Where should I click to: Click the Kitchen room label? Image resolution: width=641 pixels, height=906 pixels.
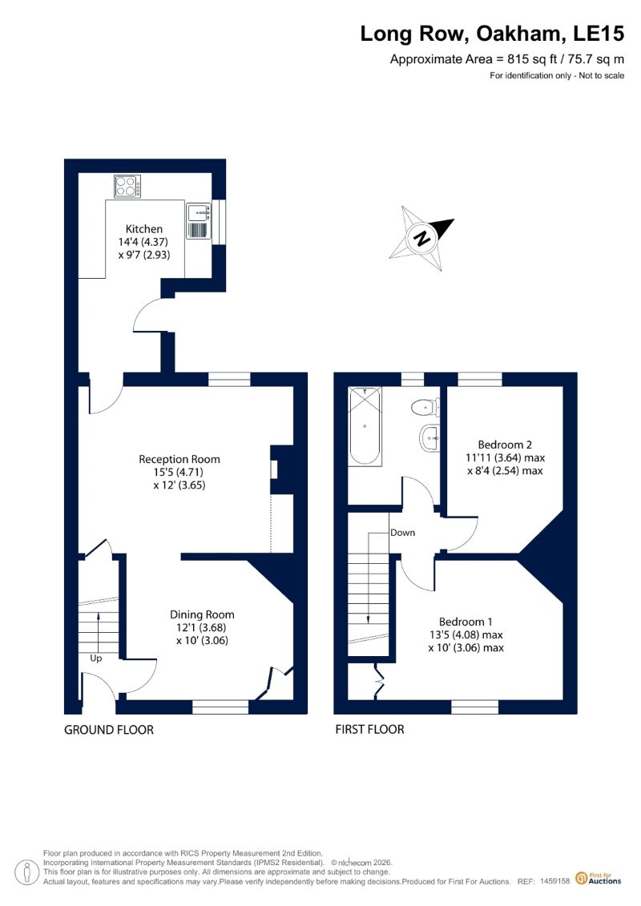pos(144,229)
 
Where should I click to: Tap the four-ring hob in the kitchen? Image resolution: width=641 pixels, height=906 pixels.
pos(127,186)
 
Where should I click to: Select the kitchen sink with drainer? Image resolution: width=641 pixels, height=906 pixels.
pos(198,221)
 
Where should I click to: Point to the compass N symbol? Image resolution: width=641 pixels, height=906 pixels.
pos(423,237)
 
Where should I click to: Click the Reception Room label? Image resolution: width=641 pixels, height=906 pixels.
pos(179,459)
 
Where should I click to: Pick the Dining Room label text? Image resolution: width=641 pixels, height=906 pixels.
pos(202,614)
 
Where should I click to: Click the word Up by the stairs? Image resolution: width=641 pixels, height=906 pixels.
pos(96,658)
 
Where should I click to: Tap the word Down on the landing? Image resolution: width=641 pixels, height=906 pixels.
pos(402,533)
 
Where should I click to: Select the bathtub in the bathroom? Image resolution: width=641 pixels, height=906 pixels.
pos(365,426)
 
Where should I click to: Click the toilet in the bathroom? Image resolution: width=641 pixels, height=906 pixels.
pos(425,408)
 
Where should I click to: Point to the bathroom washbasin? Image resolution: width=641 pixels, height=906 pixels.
pos(430,437)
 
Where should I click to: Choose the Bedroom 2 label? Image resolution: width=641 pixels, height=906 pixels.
pos(505,445)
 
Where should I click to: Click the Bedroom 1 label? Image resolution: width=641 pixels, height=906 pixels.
pos(466,622)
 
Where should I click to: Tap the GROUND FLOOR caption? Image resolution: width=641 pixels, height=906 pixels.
pos(109,730)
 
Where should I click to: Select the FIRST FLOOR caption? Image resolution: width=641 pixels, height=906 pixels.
pos(369,730)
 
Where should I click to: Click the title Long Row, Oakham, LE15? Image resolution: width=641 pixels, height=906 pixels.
pos(492,34)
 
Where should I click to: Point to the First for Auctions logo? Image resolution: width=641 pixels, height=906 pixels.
pos(599,879)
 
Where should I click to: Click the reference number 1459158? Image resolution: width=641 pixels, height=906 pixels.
pos(555,881)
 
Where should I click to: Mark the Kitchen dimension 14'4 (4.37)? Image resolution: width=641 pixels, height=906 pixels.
pos(143,242)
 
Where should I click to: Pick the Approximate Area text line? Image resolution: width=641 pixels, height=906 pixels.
pos(507,59)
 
